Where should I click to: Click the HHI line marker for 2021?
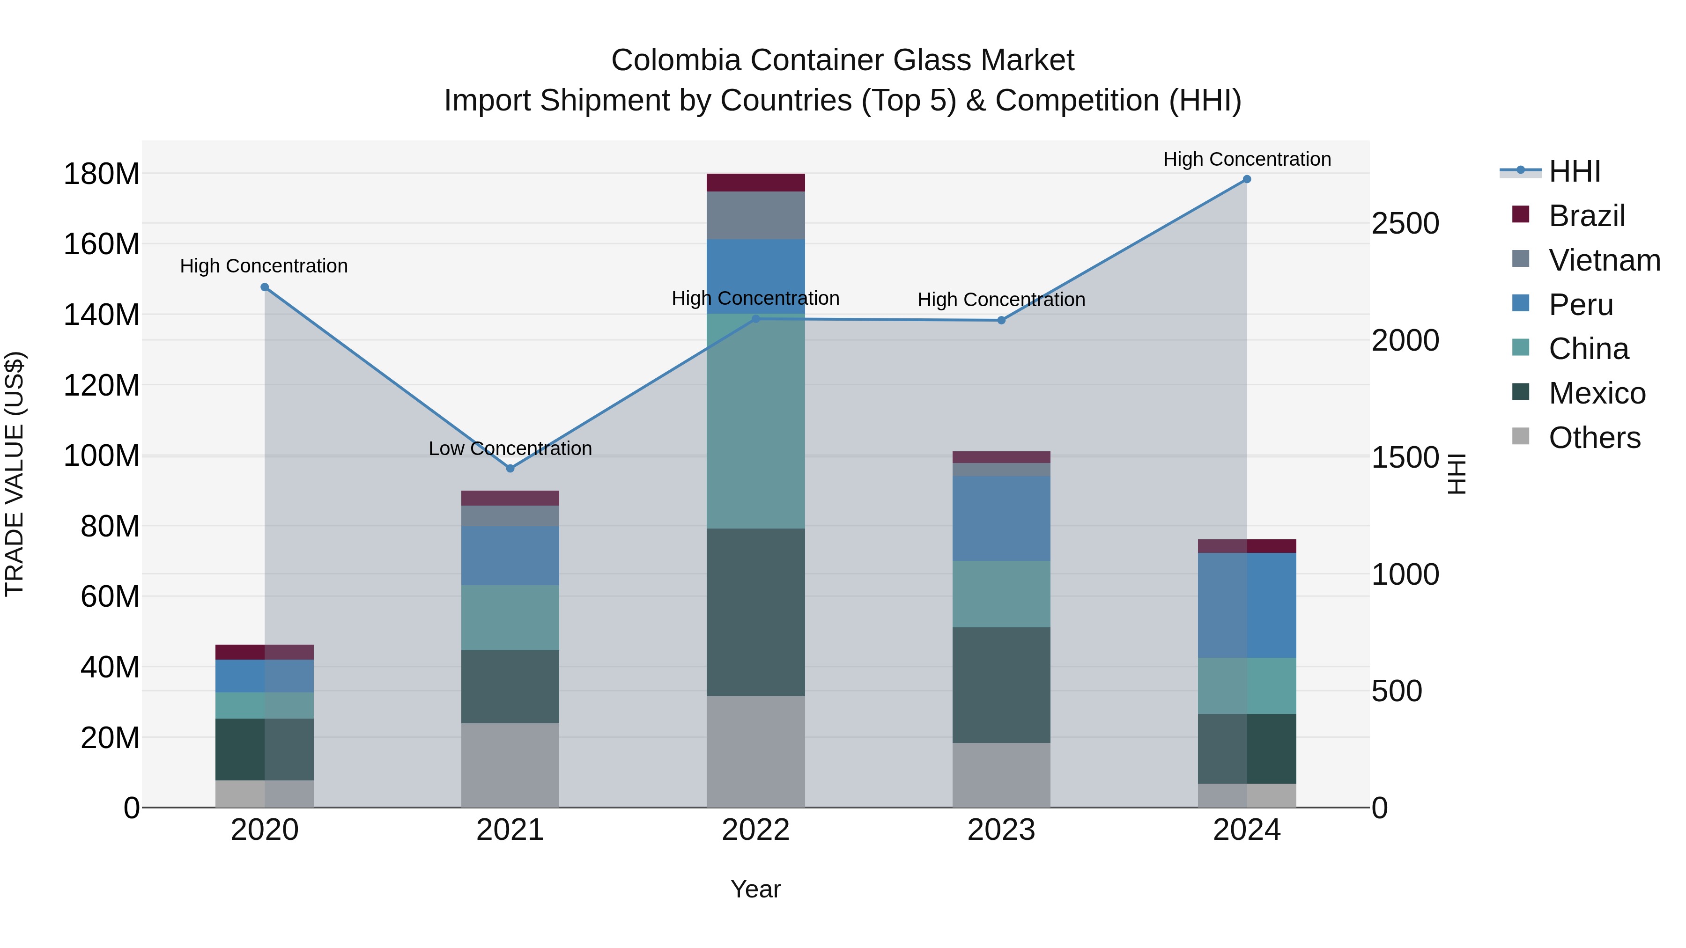tap(510, 469)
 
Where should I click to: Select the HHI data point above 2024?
tap(1247, 179)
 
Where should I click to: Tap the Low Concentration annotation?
tap(510, 449)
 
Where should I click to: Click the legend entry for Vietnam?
tap(1604, 260)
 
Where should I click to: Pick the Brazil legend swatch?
tap(1520, 214)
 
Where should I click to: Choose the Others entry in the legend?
tap(1594, 438)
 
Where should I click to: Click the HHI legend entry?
tap(1574, 171)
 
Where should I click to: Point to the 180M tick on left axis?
tap(102, 175)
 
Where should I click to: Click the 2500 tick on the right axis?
tap(1405, 224)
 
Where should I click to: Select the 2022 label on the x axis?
tap(755, 830)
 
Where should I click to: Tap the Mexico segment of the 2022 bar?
tap(755, 612)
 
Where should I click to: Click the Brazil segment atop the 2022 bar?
tap(755, 183)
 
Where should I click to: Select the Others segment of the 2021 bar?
tap(510, 765)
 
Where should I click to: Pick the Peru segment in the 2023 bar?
tap(1001, 518)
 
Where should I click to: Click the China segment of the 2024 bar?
tap(1247, 686)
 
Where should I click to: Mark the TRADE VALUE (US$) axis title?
tap(15, 474)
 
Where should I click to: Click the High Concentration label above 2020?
tap(264, 266)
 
